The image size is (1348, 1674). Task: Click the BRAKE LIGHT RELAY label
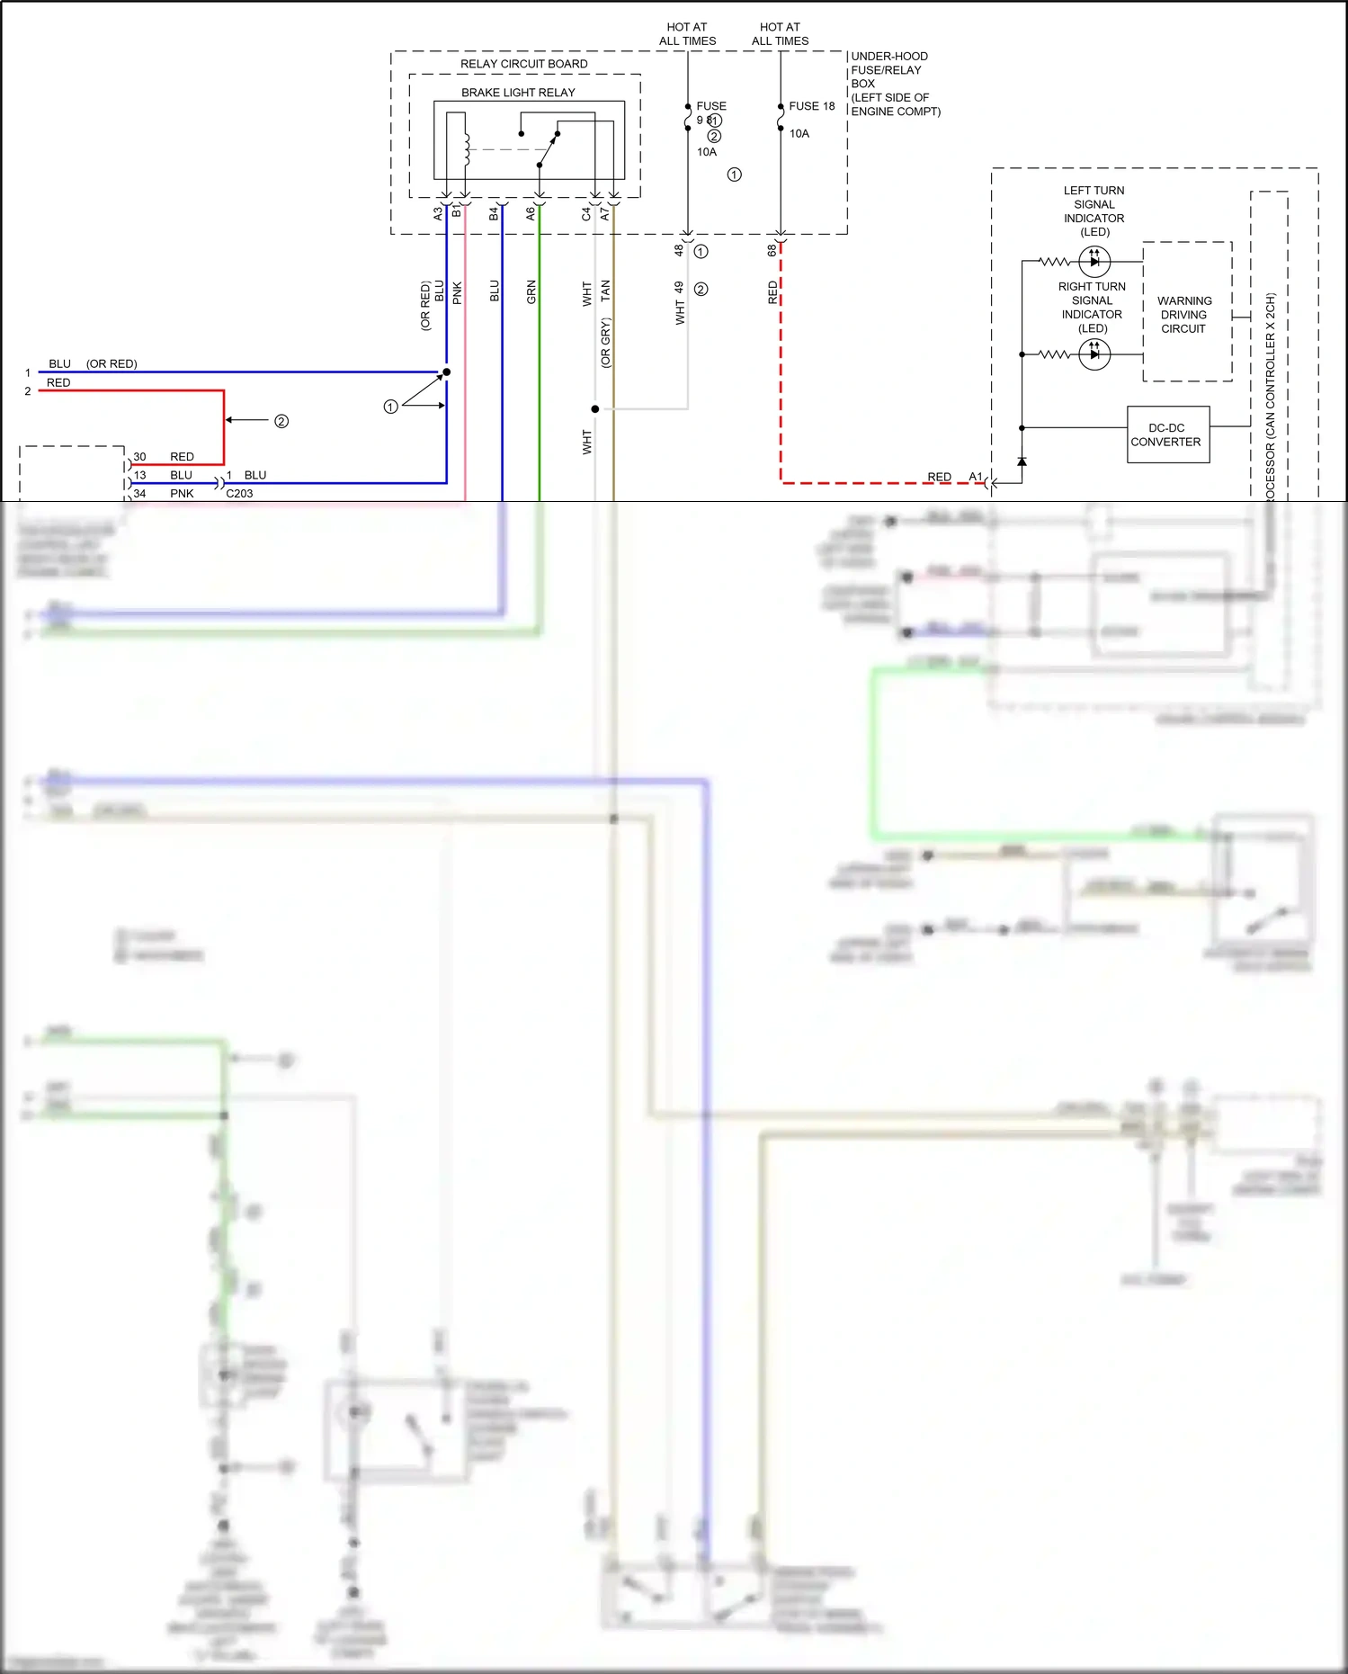click(x=518, y=93)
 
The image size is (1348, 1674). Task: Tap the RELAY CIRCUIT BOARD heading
click(x=523, y=64)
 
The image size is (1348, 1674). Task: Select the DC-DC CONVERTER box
click(x=1167, y=434)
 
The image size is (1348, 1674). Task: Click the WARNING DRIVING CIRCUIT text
click(x=1183, y=315)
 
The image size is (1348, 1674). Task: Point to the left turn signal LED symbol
click(x=1094, y=262)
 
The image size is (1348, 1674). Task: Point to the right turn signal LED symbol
click(x=1094, y=354)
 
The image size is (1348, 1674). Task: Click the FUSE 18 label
click(x=811, y=106)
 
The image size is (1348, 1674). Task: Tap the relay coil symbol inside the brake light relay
click(x=466, y=149)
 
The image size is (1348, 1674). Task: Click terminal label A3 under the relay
click(x=438, y=214)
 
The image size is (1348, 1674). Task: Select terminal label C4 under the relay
click(x=585, y=214)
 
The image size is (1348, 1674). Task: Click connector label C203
click(x=239, y=494)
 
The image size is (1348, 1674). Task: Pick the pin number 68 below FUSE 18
click(x=772, y=251)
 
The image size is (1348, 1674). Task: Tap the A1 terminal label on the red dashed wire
click(x=976, y=477)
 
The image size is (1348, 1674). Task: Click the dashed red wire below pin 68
click(x=781, y=378)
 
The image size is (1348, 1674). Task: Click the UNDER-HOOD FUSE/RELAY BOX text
click(x=895, y=84)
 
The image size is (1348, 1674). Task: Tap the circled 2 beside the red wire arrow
click(x=281, y=421)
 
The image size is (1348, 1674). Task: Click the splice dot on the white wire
click(x=594, y=409)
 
